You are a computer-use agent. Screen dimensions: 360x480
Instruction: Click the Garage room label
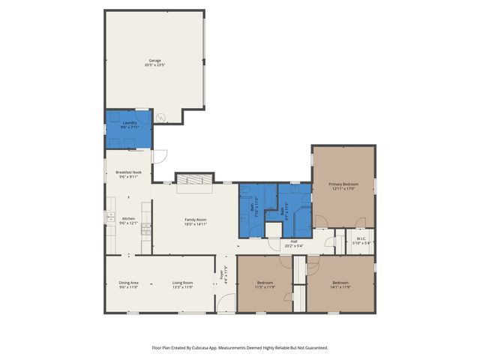[154, 62]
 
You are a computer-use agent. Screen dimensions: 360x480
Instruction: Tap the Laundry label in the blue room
[130, 125]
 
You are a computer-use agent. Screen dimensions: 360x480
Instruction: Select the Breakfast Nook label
[128, 175]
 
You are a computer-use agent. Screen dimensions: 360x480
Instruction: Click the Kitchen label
[128, 221]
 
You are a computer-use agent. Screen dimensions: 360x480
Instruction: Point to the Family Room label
[195, 221]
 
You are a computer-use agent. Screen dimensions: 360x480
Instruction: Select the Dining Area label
[128, 284]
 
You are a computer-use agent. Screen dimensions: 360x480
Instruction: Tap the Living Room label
[183, 284]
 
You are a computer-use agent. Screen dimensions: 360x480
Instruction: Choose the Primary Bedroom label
[343, 186]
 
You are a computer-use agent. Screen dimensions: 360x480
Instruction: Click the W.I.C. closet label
[361, 241]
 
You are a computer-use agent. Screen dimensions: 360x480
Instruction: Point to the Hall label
[294, 243]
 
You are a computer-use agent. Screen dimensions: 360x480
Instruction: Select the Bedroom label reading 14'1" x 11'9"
[340, 284]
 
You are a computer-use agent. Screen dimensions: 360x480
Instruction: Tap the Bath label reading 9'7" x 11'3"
[283, 211]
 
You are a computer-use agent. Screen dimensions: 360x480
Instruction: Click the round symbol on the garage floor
[160, 118]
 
